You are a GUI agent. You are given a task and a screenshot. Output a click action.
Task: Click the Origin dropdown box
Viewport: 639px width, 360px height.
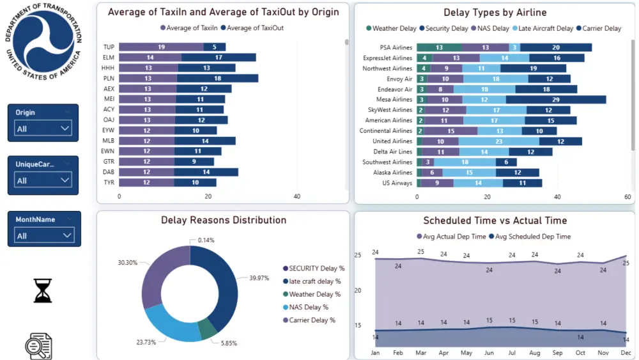tap(43, 129)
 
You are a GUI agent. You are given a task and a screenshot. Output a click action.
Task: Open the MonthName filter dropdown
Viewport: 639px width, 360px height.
tap(43, 235)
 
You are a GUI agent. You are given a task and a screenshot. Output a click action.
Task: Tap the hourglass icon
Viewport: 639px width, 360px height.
tap(43, 290)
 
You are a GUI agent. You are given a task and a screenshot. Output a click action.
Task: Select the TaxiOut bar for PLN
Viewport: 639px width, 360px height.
tap(217, 78)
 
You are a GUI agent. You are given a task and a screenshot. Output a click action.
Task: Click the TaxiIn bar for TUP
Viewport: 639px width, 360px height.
tap(161, 47)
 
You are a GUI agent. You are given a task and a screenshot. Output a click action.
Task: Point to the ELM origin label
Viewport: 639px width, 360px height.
tap(109, 58)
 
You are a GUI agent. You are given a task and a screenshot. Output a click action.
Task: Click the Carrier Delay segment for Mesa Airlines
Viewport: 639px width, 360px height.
tap(555, 99)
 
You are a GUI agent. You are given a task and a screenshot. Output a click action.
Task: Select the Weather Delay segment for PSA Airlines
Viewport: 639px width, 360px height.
tap(439, 47)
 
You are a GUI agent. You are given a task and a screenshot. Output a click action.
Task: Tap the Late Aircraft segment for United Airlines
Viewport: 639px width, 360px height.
tap(499, 141)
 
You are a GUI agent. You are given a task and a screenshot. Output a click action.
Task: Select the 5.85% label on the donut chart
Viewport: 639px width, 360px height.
tap(228, 343)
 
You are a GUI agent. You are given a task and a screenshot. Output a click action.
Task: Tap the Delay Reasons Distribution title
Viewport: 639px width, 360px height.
tap(223, 220)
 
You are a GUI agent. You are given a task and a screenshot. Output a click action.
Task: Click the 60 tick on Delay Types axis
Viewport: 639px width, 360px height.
tap(628, 197)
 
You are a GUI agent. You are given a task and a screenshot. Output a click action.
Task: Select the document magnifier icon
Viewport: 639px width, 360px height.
tap(39, 346)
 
